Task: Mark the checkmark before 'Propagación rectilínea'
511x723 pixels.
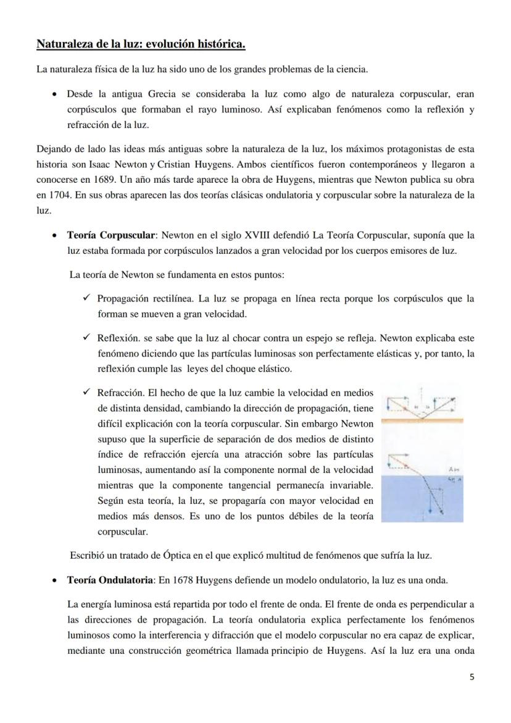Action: point(86,299)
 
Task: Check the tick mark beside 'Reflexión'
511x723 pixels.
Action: point(86,338)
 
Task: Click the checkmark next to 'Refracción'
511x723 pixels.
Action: point(86,392)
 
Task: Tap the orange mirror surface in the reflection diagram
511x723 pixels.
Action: point(422,420)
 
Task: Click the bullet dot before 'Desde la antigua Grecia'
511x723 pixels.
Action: point(56,95)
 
